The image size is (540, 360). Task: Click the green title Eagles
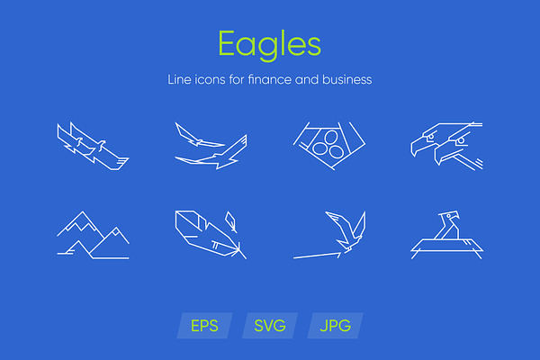tap(270, 44)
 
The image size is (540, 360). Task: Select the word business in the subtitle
tap(347, 79)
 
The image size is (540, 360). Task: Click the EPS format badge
tap(204, 326)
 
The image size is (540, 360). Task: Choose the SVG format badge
tap(270, 326)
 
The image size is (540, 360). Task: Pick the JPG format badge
tap(335, 326)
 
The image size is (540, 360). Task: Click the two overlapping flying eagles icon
tap(93, 146)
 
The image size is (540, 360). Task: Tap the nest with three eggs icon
tap(329, 146)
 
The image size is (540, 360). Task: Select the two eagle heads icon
tap(447, 146)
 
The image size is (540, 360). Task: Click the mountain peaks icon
tap(93, 235)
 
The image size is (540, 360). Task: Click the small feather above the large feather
tap(230, 221)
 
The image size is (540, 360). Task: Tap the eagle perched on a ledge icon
tap(447, 235)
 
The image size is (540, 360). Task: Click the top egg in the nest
tap(331, 137)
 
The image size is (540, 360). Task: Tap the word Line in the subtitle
tap(179, 79)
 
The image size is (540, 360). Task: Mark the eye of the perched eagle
tap(448, 216)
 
